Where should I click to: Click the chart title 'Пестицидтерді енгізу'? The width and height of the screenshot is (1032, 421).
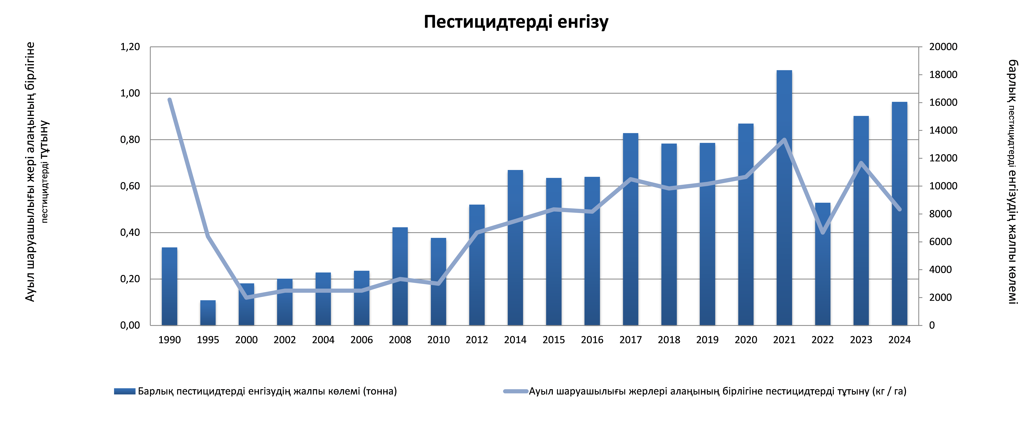pyautogui.click(x=516, y=22)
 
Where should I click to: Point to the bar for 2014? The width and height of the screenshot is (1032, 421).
pyautogui.click(x=515, y=248)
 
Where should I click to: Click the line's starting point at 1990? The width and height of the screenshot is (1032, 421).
pyautogui.click(x=169, y=100)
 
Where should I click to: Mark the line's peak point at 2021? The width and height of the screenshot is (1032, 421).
pyautogui.click(x=784, y=139)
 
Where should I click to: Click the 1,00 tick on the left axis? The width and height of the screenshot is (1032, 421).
pyautogui.click(x=130, y=93)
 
